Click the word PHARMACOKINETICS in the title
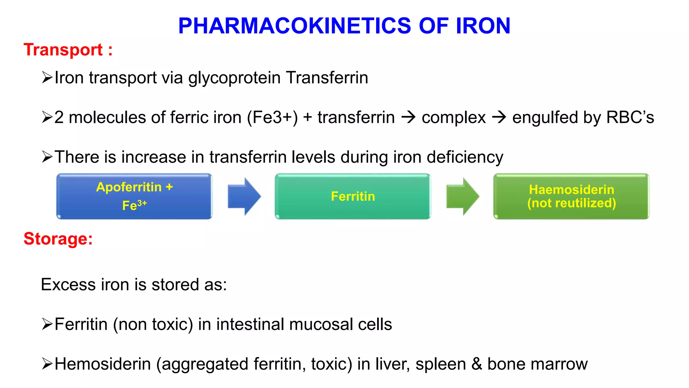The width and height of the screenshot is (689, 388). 294,26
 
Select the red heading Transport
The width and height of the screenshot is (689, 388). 63,50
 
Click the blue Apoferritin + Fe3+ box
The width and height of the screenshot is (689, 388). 134,196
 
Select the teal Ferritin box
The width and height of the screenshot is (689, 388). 353,196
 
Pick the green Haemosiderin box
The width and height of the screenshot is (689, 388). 571,196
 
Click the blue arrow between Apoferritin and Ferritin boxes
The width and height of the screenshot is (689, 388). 244,196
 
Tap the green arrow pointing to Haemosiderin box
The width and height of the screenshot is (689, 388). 462,196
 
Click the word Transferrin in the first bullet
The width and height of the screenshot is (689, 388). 327,78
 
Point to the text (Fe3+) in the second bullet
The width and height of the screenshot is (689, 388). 273,118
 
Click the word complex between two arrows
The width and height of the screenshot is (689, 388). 454,118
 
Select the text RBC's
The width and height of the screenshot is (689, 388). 630,118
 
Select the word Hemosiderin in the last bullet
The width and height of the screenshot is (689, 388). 103,364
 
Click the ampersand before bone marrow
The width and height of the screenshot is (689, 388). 476,364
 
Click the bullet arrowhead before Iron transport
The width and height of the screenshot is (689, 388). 47,78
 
